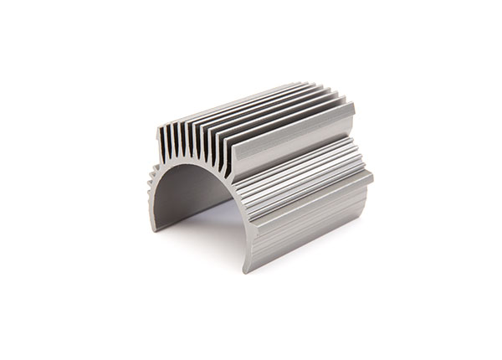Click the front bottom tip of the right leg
click(249, 270)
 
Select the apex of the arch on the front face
click(189, 164)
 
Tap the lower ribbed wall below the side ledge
click(310, 222)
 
